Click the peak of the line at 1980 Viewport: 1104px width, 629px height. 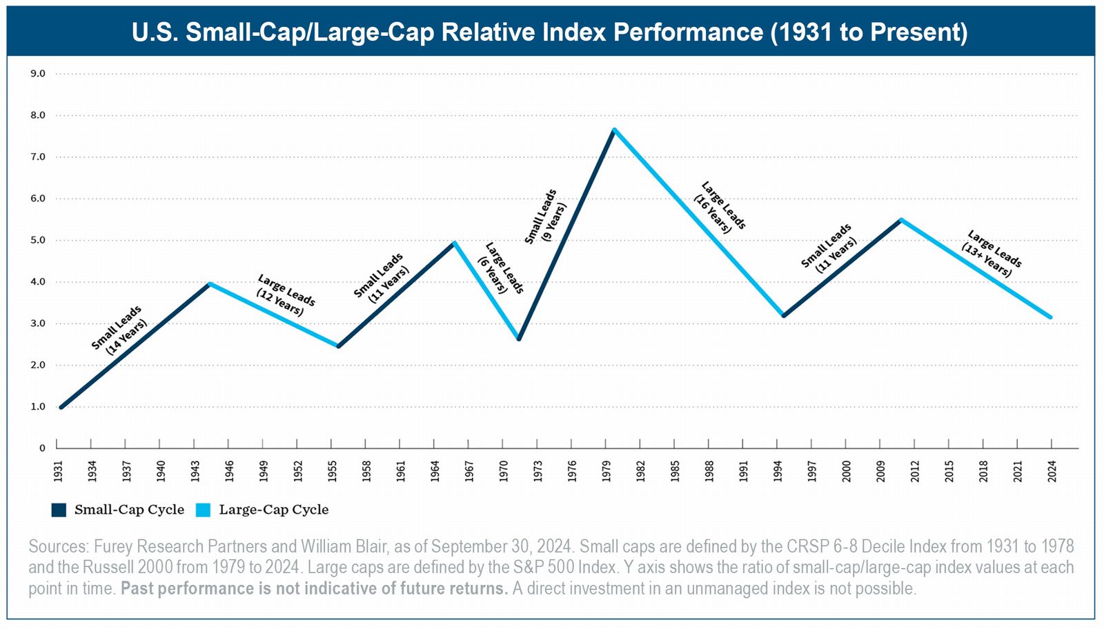point(613,130)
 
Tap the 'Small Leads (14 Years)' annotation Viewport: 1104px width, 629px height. point(119,330)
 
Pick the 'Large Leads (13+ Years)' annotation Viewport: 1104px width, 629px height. point(991,254)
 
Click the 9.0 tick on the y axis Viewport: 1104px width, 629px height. point(38,74)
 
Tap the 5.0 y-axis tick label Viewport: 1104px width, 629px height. point(38,240)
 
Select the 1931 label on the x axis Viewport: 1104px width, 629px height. point(59,471)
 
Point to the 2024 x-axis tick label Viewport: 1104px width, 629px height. point(1052,471)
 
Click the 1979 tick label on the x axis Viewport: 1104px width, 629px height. point(607,471)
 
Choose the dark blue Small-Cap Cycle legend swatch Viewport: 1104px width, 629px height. point(59,510)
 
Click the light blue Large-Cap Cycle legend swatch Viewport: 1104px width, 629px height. point(203,510)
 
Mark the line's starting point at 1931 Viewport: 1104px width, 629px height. point(61,407)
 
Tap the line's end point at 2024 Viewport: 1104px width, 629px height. point(1050,317)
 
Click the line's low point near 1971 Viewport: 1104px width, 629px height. point(519,339)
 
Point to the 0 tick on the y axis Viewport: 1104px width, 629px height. point(42,448)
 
